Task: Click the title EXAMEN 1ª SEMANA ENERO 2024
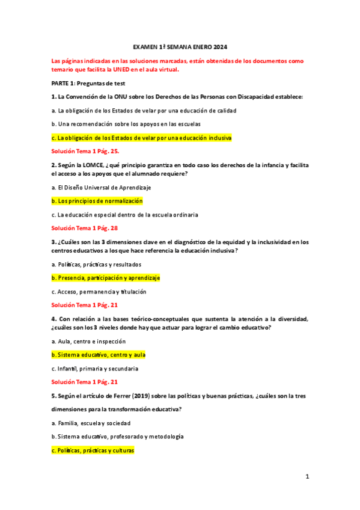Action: coord(180,47)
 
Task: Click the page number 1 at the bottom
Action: coord(307,476)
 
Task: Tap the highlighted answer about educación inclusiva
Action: coord(142,138)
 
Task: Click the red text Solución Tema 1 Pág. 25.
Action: coord(85,152)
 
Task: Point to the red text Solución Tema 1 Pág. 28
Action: coord(84,229)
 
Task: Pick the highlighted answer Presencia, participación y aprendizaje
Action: coord(106,278)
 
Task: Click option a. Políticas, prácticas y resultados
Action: coord(97,264)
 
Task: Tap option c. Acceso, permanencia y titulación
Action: coord(99,292)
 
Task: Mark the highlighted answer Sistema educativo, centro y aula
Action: coord(99,355)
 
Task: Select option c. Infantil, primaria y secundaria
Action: coord(95,368)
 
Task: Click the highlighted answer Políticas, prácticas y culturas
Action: coord(93,450)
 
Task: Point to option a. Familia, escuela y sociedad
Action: coord(91,423)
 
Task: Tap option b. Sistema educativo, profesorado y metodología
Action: coord(117,437)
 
